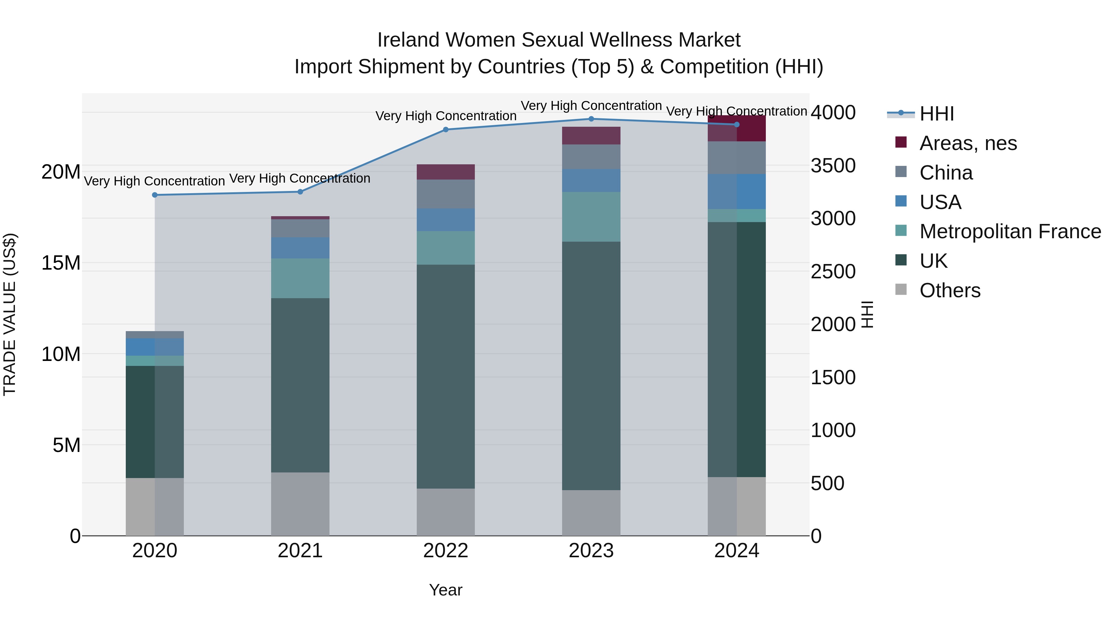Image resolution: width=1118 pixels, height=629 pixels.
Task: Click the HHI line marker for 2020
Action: (155, 195)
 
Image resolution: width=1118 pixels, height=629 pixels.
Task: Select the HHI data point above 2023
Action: (591, 119)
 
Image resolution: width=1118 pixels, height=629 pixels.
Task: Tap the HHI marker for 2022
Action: (446, 129)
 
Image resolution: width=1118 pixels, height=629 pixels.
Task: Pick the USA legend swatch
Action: (901, 201)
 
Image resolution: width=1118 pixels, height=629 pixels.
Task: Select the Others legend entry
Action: (950, 290)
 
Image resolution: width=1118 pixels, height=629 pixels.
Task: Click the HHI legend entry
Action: (937, 114)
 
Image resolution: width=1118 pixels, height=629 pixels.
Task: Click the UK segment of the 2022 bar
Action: (446, 376)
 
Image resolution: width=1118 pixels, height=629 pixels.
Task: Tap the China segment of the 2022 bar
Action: (446, 194)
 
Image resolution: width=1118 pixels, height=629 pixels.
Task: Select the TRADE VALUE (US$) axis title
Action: (10, 314)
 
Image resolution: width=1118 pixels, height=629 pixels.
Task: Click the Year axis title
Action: (446, 590)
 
